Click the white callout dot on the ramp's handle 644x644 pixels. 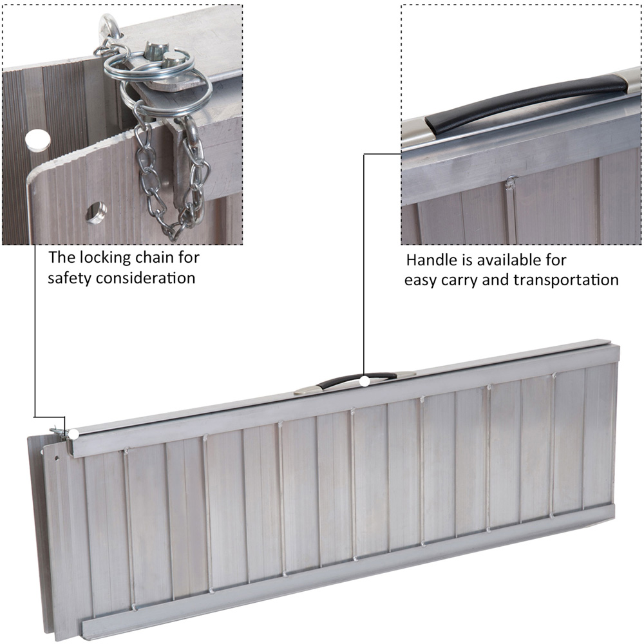pos(365,381)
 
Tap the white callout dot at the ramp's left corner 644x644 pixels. pos(74,434)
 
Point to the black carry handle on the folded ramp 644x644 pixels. pos(357,379)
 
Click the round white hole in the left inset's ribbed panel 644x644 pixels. pos(38,140)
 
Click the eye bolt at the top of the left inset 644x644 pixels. pos(108,27)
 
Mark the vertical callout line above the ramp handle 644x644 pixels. pos(364,265)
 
